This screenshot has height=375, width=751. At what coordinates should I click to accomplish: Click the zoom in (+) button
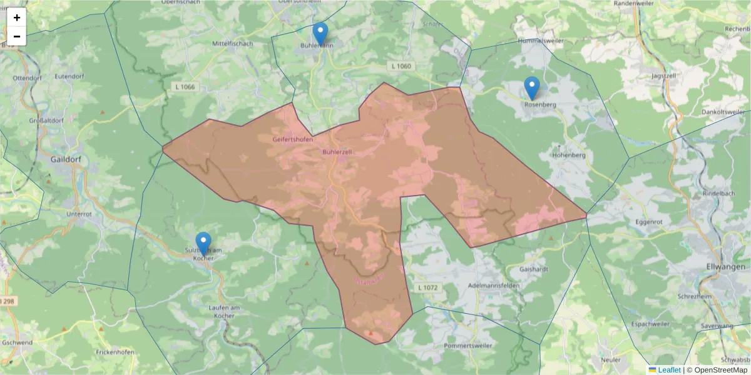[x=17, y=17]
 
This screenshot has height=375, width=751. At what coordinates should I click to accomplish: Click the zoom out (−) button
[x=17, y=36]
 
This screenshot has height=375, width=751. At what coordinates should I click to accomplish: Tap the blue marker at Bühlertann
[x=320, y=33]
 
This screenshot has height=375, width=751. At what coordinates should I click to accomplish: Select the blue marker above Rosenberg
[x=531, y=88]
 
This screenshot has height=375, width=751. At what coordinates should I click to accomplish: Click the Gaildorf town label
[x=67, y=159]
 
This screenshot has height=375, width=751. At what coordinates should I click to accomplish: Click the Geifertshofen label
[x=292, y=139]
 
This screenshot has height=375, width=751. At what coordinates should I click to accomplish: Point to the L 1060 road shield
[x=401, y=66]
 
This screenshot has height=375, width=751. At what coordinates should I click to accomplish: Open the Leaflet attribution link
[x=668, y=370]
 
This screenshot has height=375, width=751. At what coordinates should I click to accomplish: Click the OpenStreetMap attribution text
[x=717, y=370]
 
